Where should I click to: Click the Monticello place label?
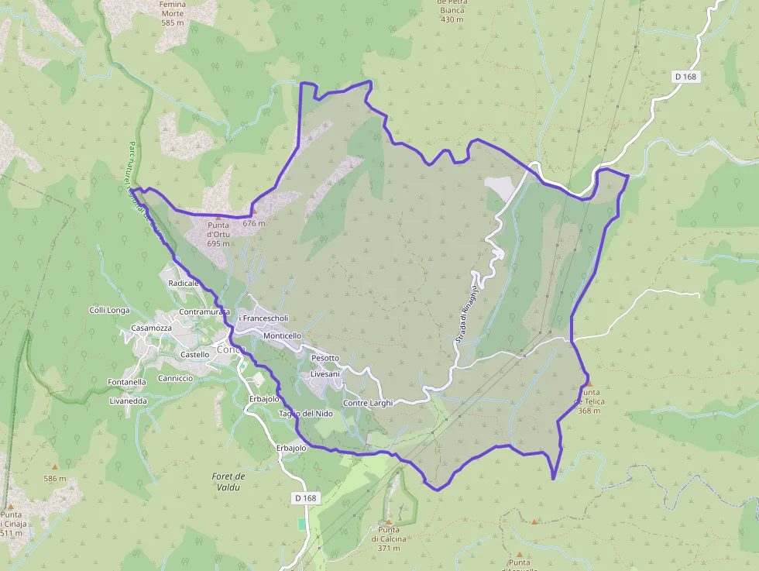pos(282,336)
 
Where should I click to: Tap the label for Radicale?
pos(184,284)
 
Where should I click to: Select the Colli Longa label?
pos(109,310)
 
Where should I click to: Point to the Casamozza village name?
pos(151,328)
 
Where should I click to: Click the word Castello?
pos(194,354)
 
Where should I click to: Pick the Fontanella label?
pos(127,382)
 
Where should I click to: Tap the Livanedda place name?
pos(128,401)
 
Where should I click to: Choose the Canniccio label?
pos(174,378)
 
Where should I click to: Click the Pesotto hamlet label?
pos(325,358)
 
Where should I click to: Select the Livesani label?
pos(325,374)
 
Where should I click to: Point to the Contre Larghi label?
pos(368,403)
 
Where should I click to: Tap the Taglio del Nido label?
pos(306,414)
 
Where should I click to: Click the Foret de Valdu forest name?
pos(228,481)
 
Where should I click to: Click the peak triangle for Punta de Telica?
pos(589,384)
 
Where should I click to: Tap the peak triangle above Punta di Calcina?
pos(389,522)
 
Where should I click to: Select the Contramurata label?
pos(204,311)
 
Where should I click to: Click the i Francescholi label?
pos(263,318)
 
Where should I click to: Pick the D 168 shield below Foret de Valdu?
pos(307,498)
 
